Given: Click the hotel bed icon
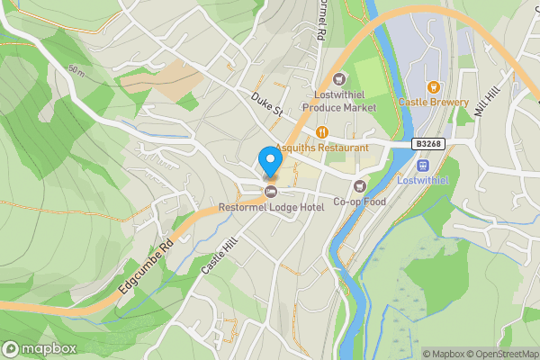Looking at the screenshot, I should tap(271, 191).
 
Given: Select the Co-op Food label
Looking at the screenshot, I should tap(360, 201).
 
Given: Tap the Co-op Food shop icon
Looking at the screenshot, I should tap(360, 185).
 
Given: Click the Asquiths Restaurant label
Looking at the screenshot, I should tap(322, 147).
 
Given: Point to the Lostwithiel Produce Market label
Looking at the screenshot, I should tap(339, 100).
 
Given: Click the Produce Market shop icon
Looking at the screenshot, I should tap(339, 78).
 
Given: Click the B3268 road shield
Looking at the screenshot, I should tap(427, 143).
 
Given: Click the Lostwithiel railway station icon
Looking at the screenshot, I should tap(423, 166).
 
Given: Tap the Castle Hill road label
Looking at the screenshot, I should tap(217, 262).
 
